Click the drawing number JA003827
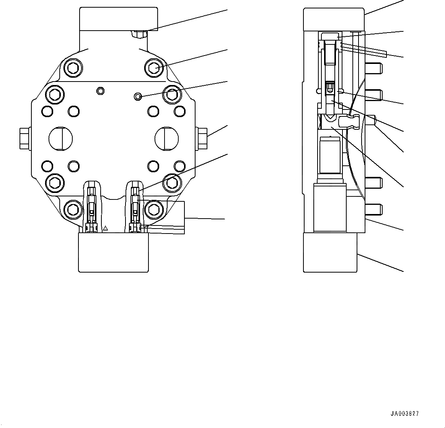[404, 414]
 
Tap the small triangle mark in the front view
[106, 228]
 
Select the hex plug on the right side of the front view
[202, 138]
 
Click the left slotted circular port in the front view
[60, 138]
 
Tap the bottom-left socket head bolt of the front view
[72, 209]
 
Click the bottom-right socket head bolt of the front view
[154, 209]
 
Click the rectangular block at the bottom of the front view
[113, 253]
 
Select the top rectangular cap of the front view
[119, 19]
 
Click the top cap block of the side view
[334, 20]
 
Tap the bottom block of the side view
[330, 253]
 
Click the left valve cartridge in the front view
[91, 207]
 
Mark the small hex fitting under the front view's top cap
[139, 34]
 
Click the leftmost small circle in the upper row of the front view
[47, 111]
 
